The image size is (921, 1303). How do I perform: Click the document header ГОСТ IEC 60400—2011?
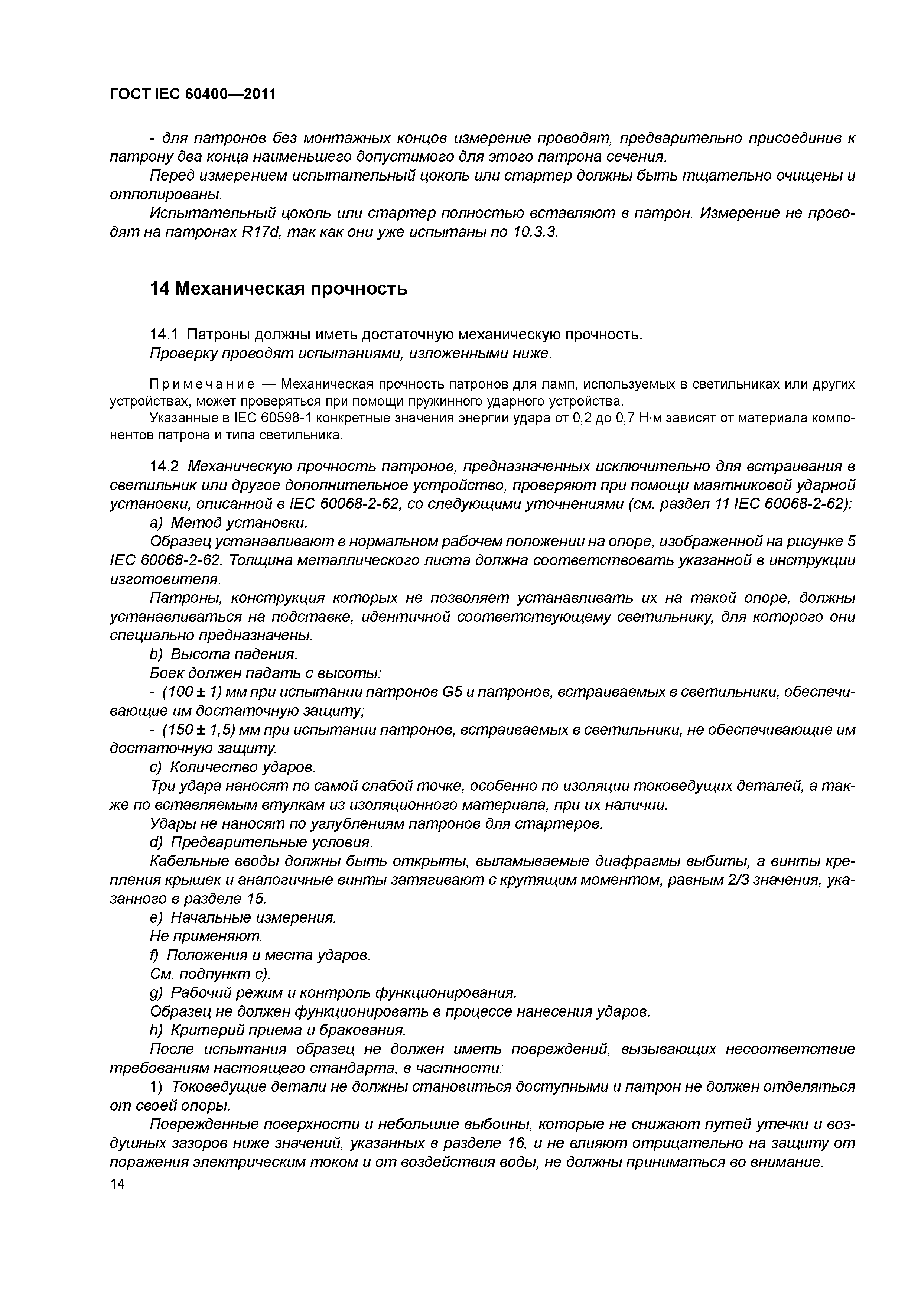click(192, 94)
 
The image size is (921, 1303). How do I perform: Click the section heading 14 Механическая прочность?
click(278, 289)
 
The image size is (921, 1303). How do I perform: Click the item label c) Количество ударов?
click(231, 767)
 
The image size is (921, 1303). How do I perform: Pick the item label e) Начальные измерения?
click(243, 918)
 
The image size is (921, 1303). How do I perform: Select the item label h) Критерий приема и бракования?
click(277, 1030)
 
